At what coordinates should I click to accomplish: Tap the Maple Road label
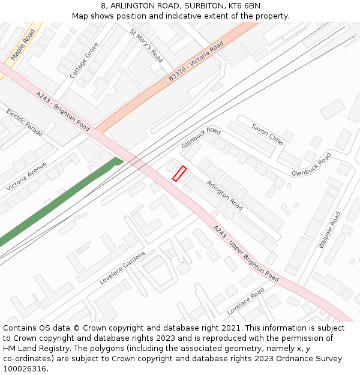(x=23, y=44)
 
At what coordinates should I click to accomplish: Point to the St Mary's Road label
(x=146, y=46)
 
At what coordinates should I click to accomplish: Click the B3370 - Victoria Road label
(x=196, y=62)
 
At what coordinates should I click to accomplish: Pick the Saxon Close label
(x=267, y=135)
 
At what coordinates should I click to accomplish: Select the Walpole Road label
(x=329, y=230)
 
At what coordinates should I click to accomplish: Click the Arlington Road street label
(x=224, y=195)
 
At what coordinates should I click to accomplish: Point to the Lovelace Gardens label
(x=122, y=268)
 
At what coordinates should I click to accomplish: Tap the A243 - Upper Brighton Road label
(x=246, y=254)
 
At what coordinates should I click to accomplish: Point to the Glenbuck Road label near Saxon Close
(x=311, y=165)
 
